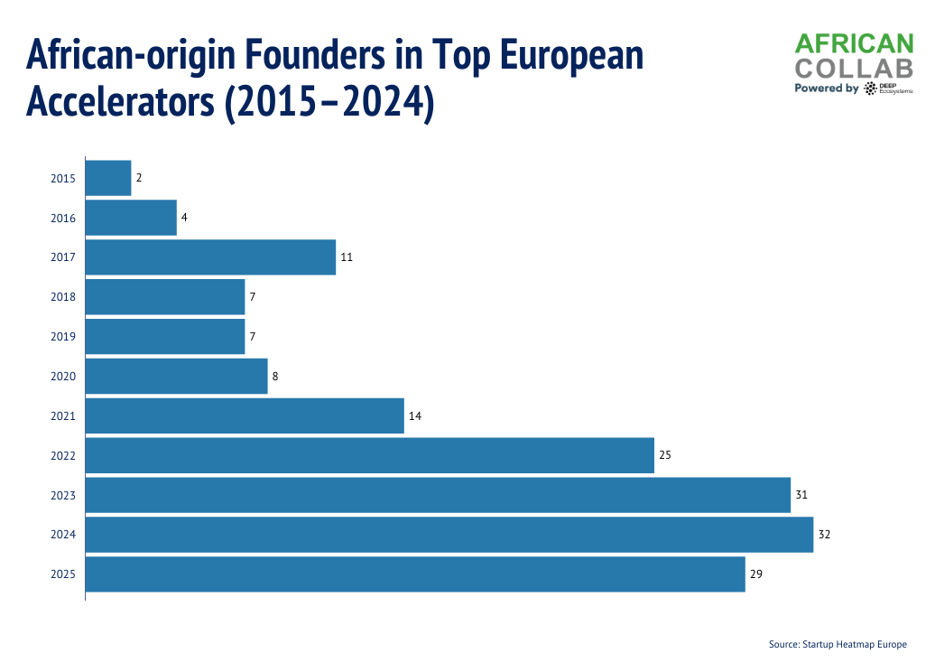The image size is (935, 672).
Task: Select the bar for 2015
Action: click(x=108, y=178)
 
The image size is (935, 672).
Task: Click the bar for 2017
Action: click(x=210, y=257)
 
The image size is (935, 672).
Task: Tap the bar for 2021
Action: click(x=245, y=416)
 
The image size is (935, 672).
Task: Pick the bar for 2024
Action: click(x=449, y=535)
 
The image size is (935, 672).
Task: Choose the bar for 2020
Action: click(x=177, y=377)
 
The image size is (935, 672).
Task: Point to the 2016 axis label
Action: click(x=63, y=218)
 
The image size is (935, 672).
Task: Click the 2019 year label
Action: click(x=63, y=337)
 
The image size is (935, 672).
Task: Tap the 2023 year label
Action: click(x=63, y=496)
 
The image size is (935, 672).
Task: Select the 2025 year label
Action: click(x=63, y=574)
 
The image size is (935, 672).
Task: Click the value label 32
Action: click(x=824, y=535)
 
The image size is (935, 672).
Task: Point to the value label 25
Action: click(x=665, y=455)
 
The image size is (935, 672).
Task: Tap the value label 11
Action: click(x=347, y=257)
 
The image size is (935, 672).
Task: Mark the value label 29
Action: click(x=756, y=574)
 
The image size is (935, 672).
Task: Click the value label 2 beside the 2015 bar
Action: click(x=139, y=178)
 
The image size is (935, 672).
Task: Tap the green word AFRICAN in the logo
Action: click(x=853, y=44)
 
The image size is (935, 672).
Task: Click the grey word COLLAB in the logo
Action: click(x=853, y=68)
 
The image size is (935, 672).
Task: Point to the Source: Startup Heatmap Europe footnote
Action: click(x=838, y=645)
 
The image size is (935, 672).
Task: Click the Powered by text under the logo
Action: click(x=826, y=89)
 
